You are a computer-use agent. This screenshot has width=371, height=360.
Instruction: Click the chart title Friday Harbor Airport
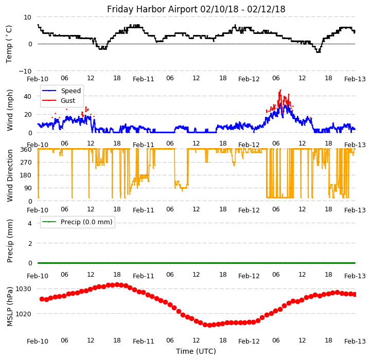point(196,9)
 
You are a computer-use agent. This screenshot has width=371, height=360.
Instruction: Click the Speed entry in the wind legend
point(70,91)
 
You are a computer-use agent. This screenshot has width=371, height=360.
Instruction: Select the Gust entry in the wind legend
point(68,101)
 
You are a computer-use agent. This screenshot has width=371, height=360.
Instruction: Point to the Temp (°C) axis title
point(9,44)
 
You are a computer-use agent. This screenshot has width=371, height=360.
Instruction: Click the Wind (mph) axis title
point(10,110)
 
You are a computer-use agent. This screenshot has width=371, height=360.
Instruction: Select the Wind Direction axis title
point(10,175)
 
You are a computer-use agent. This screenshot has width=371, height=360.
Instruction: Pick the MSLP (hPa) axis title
point(10,306)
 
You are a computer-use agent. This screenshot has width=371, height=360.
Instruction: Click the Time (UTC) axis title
point(196,351)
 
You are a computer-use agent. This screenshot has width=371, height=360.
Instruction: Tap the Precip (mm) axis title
point(10,240)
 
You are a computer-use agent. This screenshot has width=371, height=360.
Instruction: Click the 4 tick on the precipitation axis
point(30,223)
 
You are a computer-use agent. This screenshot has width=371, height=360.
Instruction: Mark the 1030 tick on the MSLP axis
point(23,289)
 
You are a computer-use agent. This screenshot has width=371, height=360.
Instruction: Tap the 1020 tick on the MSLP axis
point(23,314)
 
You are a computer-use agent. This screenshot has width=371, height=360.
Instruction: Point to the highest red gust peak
point(280,91)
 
